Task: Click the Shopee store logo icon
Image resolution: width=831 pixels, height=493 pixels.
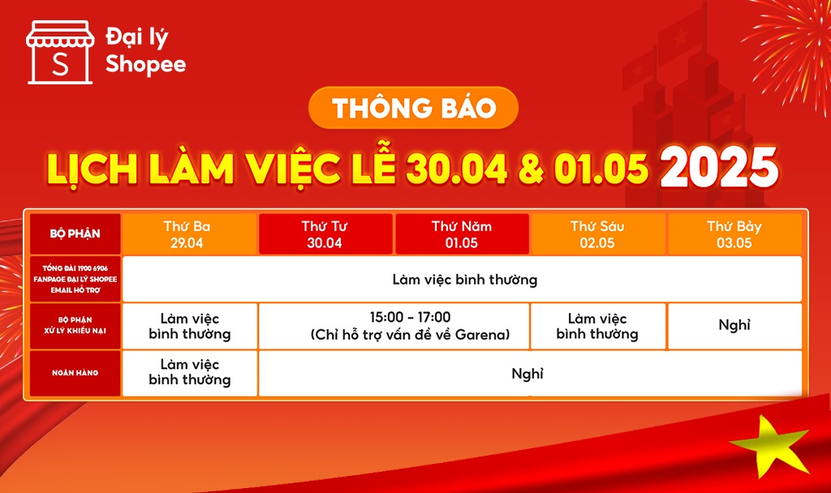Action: click(60, 53)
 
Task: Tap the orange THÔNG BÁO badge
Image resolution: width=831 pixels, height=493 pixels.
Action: click(413, 108)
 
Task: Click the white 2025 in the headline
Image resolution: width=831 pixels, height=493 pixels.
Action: click(719, 167)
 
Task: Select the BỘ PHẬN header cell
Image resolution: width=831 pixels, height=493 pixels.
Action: click(75, 234)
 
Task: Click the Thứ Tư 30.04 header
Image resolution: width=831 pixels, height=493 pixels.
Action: click(325, 234)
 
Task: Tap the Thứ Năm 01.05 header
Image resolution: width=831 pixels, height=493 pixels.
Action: click(462, 234)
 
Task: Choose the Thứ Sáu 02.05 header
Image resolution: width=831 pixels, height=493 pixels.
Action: click(598, 234)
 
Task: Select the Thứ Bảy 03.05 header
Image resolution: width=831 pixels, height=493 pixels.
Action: click(734, 234)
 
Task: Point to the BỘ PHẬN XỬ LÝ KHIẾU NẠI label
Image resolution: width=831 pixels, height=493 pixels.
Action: click(75, 325)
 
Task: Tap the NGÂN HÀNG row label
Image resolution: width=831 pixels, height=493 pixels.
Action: click(75, 373)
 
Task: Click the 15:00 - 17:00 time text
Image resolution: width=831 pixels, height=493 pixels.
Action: click(410, 317)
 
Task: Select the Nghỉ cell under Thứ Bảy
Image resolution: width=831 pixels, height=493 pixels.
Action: click(734, 325)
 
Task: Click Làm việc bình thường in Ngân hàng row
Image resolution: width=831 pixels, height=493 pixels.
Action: click(190, 372)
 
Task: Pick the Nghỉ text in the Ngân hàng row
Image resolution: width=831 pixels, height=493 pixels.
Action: click(527, 374)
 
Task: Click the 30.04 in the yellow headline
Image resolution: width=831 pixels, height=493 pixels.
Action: click(457, 169)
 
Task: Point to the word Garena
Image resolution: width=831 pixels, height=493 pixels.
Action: click(480, 335)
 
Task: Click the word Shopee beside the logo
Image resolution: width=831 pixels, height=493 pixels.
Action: click(146, 65)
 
